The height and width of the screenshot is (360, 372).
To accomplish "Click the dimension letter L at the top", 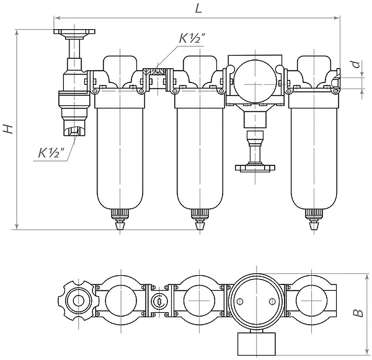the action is pos(198,9).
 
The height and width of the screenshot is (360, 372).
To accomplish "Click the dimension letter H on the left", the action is pos(8,128).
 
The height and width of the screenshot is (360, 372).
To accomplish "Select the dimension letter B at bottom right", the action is pos(358,313).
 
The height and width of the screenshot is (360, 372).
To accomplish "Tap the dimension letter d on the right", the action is pos(356,64).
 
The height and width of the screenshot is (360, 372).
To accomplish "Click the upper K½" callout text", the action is pos(192,38).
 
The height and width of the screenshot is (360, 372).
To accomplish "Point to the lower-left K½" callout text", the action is pos(51,152).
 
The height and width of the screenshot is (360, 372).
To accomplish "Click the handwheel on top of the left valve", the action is pos(74,33).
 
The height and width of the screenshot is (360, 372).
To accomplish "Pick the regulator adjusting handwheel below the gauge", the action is pos(255,168).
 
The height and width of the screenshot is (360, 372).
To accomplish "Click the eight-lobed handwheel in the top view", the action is pos(78,301).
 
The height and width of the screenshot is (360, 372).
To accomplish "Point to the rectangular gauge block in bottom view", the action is pos(257,344).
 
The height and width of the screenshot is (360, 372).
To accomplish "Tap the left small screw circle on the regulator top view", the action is pos(240,302).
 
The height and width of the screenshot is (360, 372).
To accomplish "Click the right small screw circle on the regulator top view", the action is pos(273,302).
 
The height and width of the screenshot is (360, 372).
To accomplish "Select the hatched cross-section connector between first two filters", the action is pos(157,72).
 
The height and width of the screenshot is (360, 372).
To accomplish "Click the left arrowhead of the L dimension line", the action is pos(57,18).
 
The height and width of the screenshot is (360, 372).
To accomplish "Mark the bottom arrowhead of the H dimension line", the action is pos(17,227).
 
